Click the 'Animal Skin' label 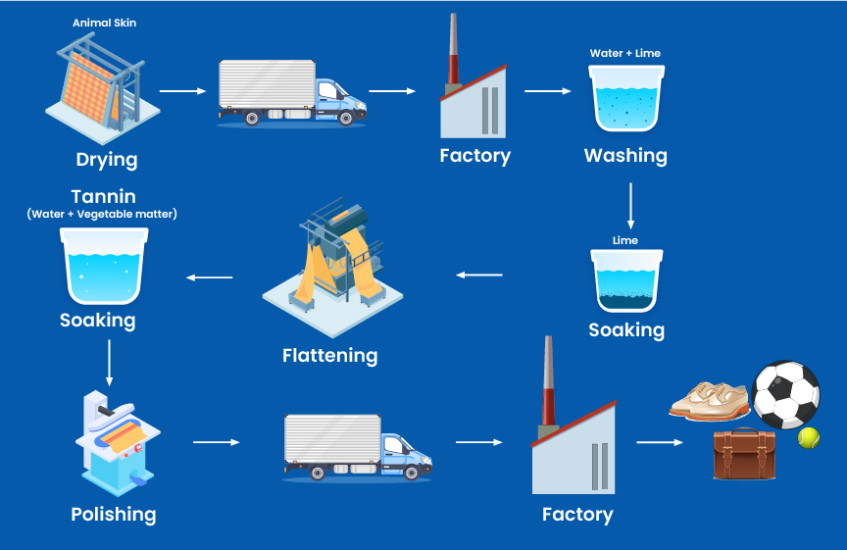[x=104, y=23]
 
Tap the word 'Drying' [x=107, y=159]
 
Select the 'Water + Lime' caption [x=625, y=53]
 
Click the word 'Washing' [x=625, y=155]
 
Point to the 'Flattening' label [x=329, y=355]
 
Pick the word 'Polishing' [x=113, y=514]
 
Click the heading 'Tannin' [x=103, y=196]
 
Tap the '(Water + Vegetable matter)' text [x=103, y=214]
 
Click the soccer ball [x=785, y=395]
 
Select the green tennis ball [x=809, y=437]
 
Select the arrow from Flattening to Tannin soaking [x=210, y=277]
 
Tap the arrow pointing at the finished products [x=660, y=442]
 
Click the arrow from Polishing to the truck [x=216, y=442]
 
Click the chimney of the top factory [x=454, y=50]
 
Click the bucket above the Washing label [x=625, y=98]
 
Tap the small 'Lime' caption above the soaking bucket [x=625, y=240]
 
